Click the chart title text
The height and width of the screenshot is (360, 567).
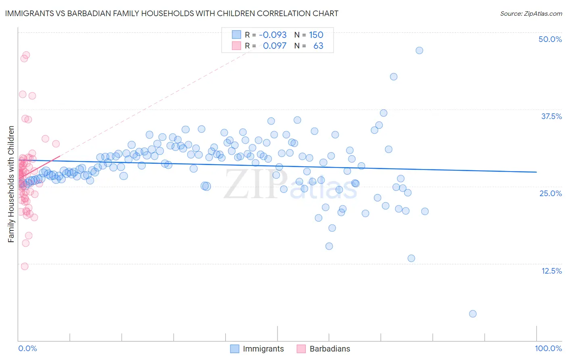[172, 13]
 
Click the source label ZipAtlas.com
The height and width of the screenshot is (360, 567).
[531, 14]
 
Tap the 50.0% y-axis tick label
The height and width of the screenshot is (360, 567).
[550, 39]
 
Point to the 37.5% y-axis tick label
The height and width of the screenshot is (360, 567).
[551, 116]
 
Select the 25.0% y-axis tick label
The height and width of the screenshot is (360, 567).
[550, 193]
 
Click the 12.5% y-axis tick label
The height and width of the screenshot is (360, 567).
[551, 271]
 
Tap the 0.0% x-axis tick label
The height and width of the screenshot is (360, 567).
[27, 348]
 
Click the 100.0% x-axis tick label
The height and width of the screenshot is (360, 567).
[548, 348]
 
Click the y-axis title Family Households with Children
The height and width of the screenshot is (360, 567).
[11, 184]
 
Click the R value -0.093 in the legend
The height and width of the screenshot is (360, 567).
[273, 35]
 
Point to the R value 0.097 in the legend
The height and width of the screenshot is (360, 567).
[274, 46]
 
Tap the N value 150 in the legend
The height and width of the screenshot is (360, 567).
[316, 35]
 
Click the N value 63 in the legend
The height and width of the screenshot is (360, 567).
[318, 46]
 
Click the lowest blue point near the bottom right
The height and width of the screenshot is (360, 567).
[473, 314]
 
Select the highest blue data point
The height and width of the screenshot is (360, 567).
[419, 50]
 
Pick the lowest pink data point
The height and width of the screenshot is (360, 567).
[25, 266]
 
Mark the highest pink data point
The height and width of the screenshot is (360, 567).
[26, 55]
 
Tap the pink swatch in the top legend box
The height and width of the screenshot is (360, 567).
[236, 46]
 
